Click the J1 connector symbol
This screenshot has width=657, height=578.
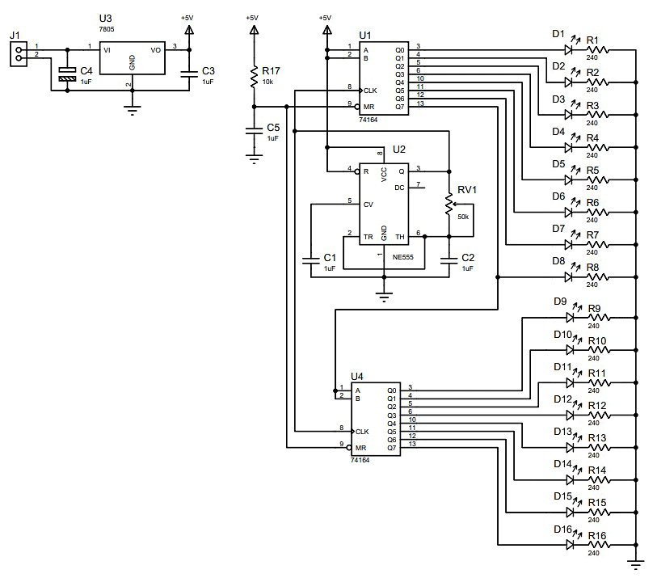tap(19, 53)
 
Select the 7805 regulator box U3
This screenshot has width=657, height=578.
tap(132, 58)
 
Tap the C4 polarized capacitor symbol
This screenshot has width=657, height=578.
tap(67, 74)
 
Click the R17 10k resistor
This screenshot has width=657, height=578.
tap(254, 76)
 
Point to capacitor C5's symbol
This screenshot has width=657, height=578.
tap(254, 131)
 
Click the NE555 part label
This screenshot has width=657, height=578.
tap(402, 257)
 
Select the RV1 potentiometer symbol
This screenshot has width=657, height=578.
tap(449, 205)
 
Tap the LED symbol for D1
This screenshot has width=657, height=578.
tap(569, 50)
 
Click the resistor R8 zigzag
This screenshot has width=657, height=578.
tap(597, 277)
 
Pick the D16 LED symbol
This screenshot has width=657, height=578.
tap(570, 545)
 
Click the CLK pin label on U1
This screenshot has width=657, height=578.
tap(370, 91)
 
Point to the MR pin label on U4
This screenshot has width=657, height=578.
tap(360, 448)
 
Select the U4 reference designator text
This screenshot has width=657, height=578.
tap(356, 377)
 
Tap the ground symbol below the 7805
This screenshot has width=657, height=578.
tap(132, 110)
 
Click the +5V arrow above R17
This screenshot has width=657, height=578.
tap(254, 30)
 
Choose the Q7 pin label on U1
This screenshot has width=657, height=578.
tap(400, 107)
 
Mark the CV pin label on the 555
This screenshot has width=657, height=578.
tap(369, 205)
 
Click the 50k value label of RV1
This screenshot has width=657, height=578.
tap(463, 217)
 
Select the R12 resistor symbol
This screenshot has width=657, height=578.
tap(599, 416)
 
